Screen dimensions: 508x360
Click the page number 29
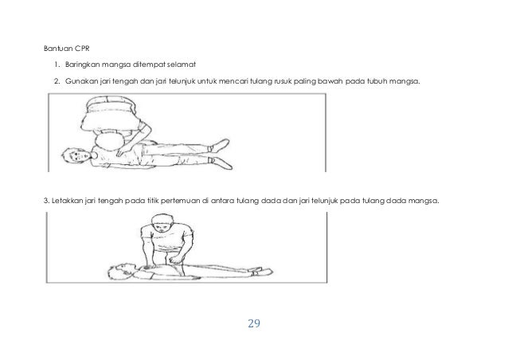254,323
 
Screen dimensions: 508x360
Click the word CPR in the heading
82,49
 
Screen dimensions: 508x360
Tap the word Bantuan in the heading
58,49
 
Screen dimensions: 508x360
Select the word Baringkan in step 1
82,65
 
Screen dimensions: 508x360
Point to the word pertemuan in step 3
180,202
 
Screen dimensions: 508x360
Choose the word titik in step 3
153,201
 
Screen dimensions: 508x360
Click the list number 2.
57,81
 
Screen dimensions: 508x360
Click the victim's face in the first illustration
78,155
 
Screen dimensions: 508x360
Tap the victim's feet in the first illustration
221,154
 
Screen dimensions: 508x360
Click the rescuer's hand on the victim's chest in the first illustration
123,151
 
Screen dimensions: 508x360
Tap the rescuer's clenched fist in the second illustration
176,259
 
